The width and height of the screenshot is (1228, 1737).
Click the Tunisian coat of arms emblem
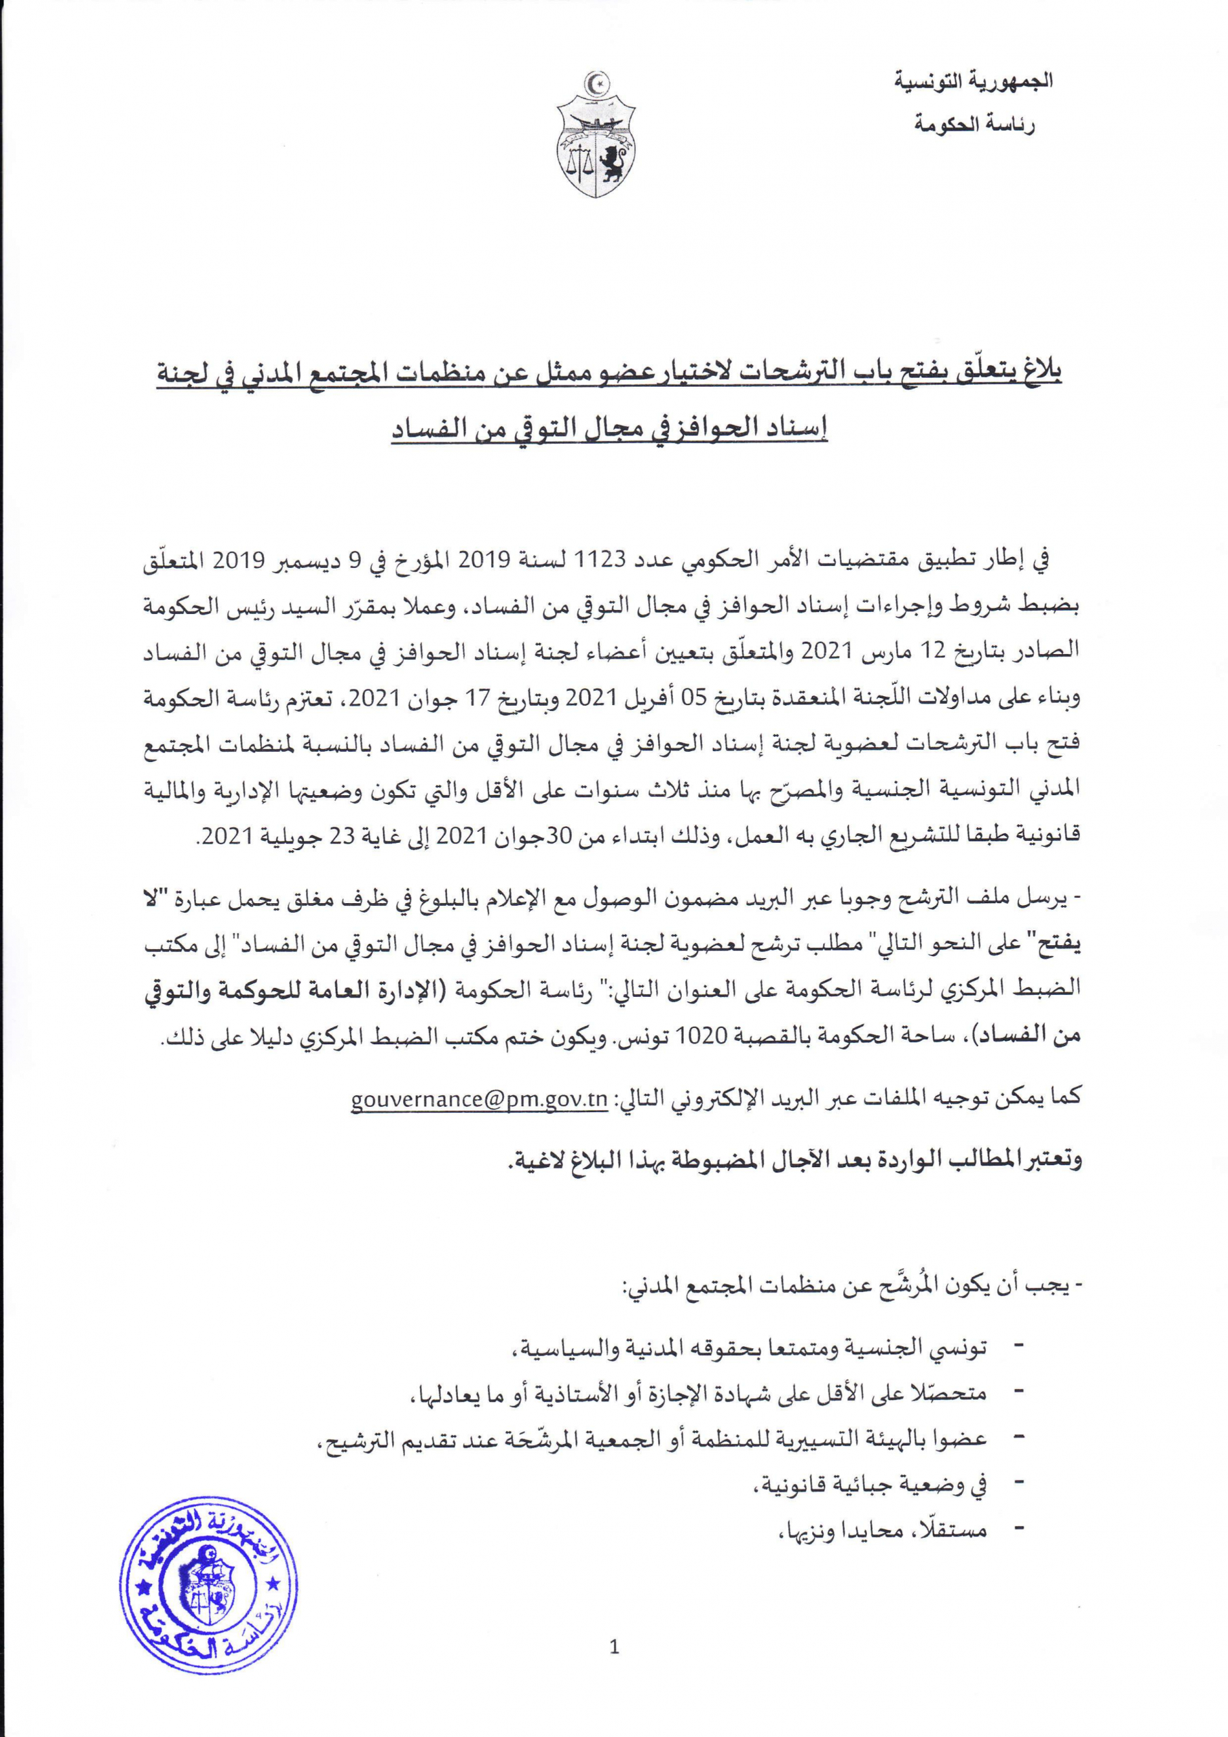pos(596,134)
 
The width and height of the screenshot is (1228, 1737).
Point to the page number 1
pos(613,1647)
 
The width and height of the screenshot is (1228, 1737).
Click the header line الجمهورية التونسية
pos(974,81)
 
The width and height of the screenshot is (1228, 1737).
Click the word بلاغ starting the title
pos(1043,375)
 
